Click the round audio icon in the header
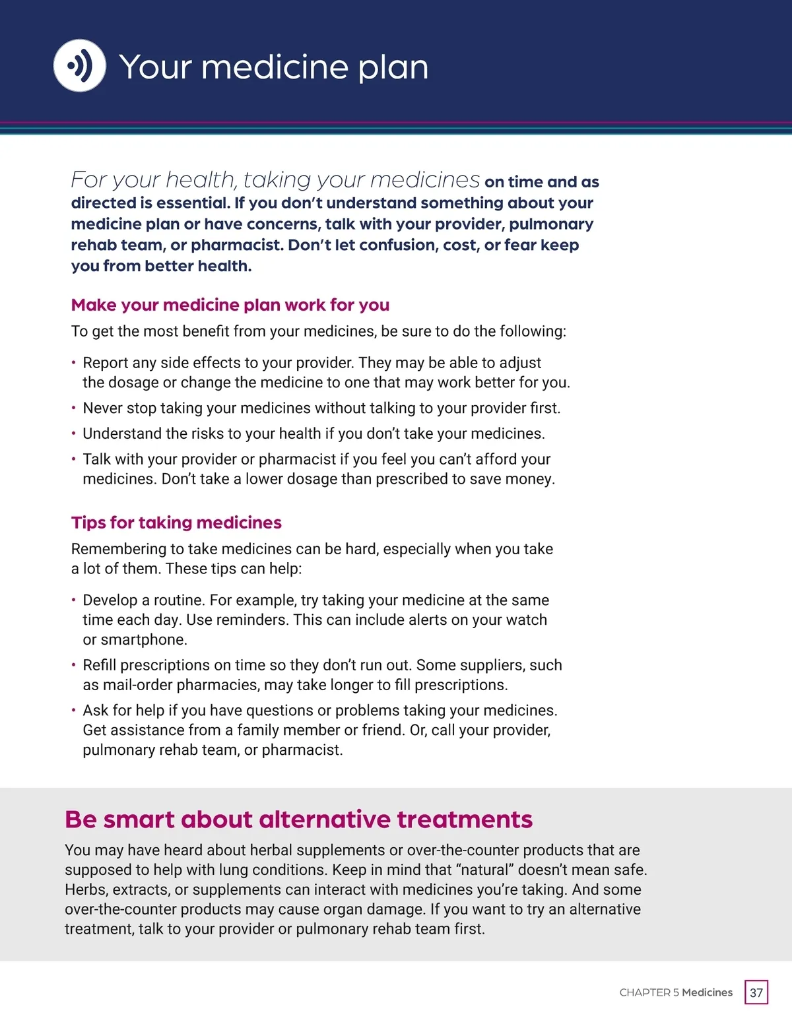pos(79,66)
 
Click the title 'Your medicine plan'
pos(273,67)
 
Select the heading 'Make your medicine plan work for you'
pos(230,305)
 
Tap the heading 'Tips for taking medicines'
pos(176,523)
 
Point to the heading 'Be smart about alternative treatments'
pos(298,819)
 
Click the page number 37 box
pos(756,992)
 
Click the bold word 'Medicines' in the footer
pos(707,992)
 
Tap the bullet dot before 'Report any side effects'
pos(73,363)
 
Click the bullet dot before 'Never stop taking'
pos(73,408)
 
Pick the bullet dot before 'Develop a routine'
pos(73,600)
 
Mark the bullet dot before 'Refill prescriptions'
pos(73,665)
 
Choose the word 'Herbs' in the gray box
pos(84,889)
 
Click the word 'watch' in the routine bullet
pos(526,620)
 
